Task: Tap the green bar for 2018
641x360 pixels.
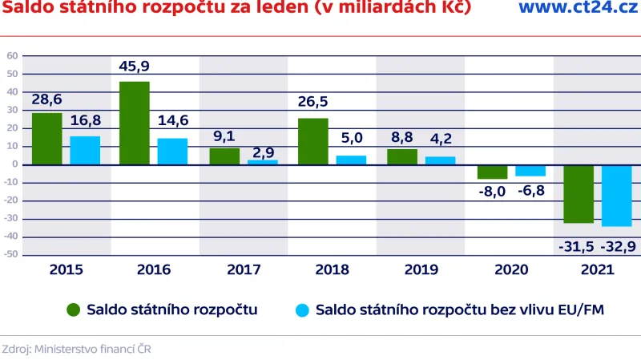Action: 312,141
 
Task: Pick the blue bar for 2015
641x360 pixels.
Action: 84,150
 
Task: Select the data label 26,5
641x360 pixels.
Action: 312,102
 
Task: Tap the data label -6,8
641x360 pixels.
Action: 529,191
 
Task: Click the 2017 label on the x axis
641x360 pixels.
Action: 244,269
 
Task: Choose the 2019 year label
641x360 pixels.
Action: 421,269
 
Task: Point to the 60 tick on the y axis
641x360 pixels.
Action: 12,56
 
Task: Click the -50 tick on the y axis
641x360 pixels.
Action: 10,255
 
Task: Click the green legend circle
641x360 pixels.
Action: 73,309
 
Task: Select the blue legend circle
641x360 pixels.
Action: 302,309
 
